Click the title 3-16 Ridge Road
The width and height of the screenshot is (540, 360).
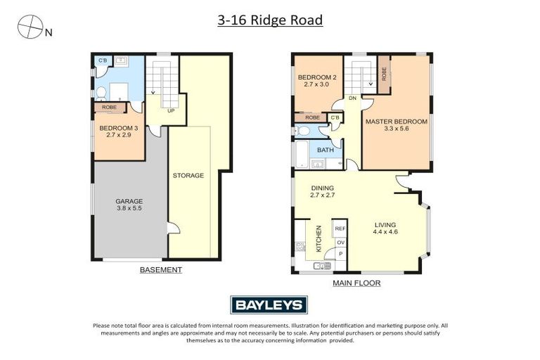click(270, 20)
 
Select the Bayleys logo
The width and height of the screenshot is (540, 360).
click(269, 305)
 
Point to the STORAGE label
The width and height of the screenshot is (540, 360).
click(188, 175)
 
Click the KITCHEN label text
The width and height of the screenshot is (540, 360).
click(319, 238)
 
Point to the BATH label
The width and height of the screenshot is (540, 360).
click(325, 150)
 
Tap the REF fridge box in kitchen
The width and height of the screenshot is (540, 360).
click(340, 229)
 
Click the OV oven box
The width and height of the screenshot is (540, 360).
click(340, 243)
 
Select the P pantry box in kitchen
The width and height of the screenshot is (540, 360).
click(340, 255)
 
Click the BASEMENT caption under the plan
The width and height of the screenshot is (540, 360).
click(160, 270)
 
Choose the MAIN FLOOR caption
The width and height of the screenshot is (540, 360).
click(356, 283)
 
